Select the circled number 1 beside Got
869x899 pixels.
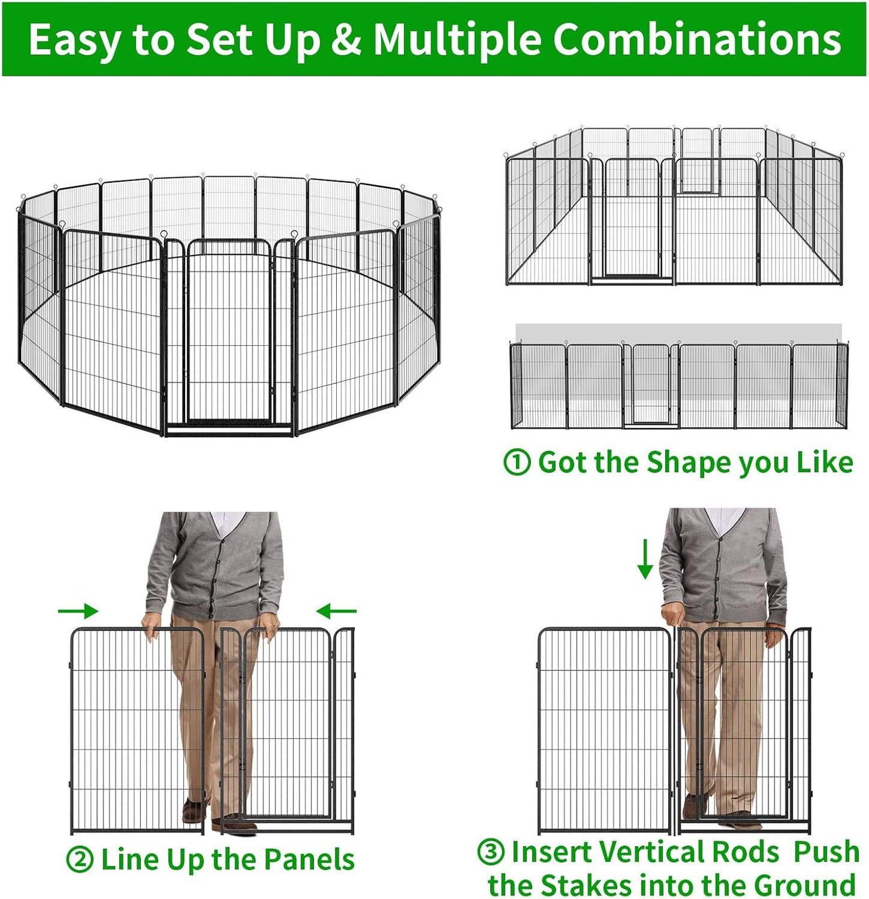pos(517,462)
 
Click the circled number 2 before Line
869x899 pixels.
pos(79,860)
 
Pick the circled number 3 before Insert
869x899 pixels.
pos(491,851)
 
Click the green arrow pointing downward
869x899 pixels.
pos(645,559)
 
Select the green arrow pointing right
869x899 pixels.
pos(78,612)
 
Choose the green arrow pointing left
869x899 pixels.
pos(336,612)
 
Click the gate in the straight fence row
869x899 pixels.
pos(651,385)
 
